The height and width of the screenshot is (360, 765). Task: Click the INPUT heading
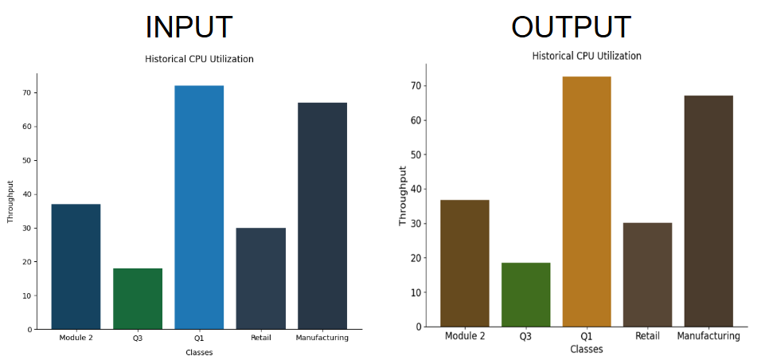(x=189, y=27)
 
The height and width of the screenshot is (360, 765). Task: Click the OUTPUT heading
(x=571, y=27)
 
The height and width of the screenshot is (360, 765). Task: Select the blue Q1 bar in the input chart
(x=199, y=207)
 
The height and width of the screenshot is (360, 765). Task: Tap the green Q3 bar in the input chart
(x=138, y=299)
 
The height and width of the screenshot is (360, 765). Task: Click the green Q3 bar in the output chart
(x=525, y=295)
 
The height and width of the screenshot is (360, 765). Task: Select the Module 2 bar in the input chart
(x=76, y=266)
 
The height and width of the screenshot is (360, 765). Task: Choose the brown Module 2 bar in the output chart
(x=465, y=263)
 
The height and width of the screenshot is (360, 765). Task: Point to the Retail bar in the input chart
(x=260, y=278)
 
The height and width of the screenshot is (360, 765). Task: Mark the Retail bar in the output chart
(x=647, y=275)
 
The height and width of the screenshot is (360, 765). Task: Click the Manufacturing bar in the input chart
(x=322, y=215)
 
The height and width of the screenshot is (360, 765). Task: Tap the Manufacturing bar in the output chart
(x=708, y=211)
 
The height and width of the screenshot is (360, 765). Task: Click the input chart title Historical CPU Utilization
(x=199, y=59)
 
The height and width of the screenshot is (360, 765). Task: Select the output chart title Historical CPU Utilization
(x=587, y=56)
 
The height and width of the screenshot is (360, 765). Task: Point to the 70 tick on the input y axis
(x=26, y=92)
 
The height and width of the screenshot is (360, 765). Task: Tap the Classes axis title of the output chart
(x=587, y=349)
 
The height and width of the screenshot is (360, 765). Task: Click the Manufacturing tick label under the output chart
(x=708, y=336)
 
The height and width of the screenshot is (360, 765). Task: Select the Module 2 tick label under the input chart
(x=76, y=338)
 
